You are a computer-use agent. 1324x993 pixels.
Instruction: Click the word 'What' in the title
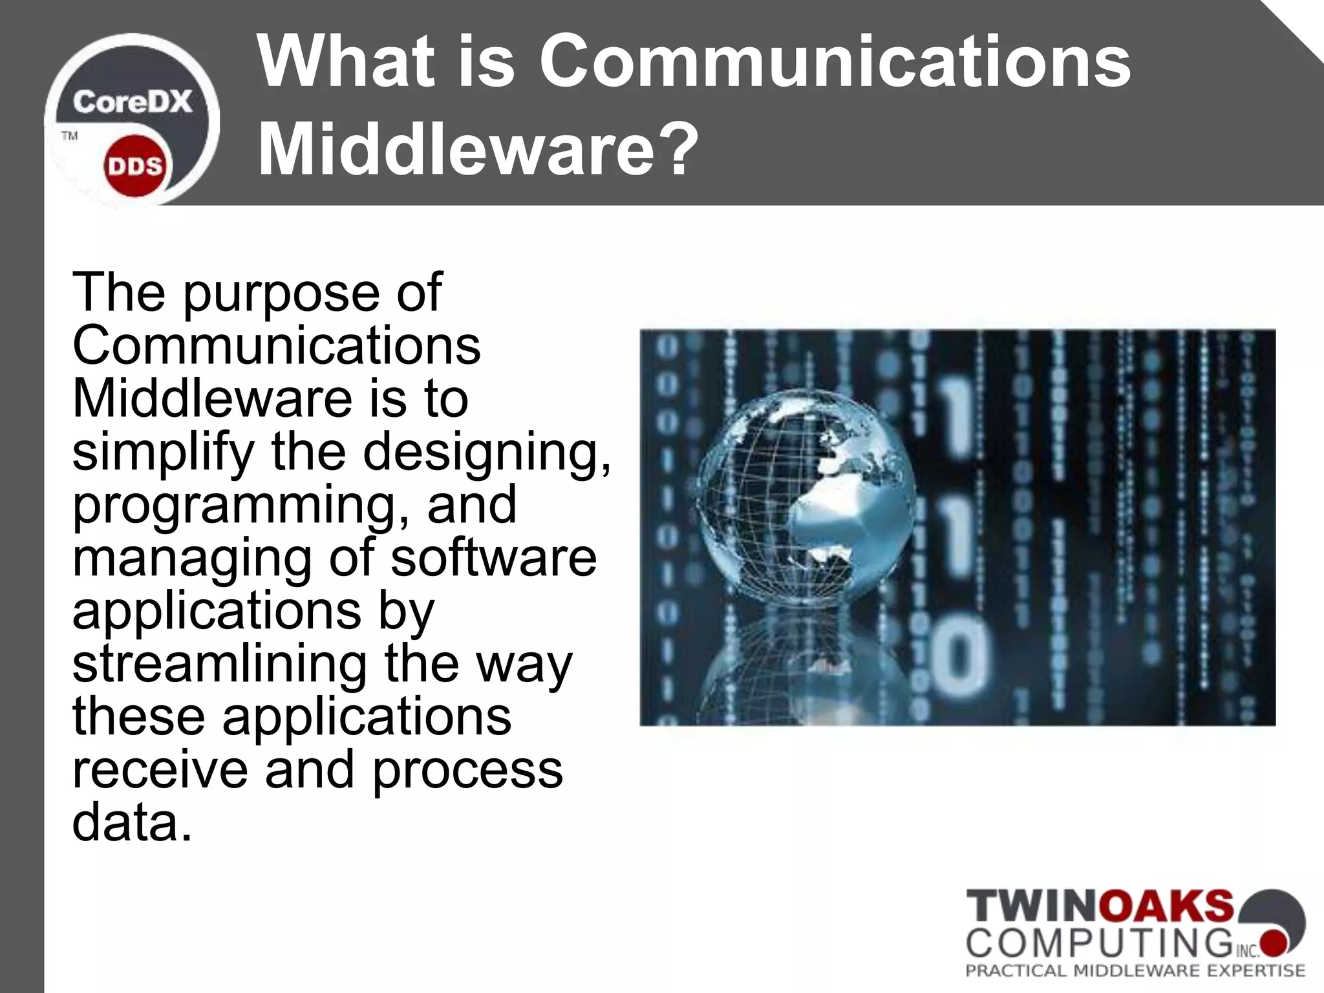[x=345, y=63]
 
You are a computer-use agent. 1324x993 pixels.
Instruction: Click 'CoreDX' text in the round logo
[x=132, y=102]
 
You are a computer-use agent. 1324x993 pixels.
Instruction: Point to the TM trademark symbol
[x=69, y=136]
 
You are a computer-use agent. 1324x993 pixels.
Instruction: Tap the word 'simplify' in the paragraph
[x=164, y=453]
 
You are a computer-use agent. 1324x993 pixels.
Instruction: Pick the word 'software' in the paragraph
[x=493, y=558]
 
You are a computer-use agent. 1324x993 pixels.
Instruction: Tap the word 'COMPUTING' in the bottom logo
[x=1099, y=940]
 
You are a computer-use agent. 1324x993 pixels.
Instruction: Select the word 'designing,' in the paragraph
[x=486, y=453]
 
